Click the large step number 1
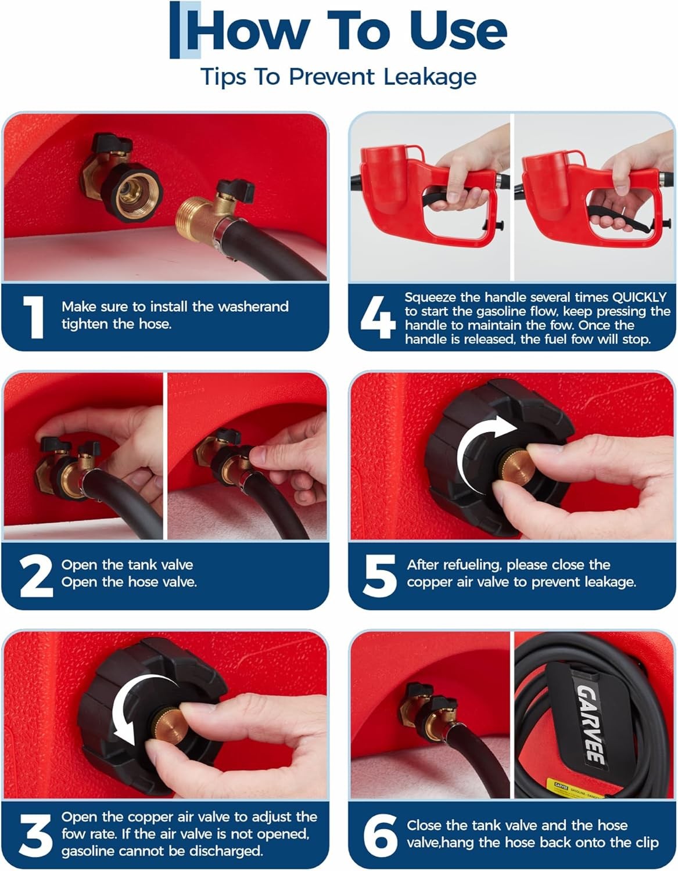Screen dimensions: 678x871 (34, 318)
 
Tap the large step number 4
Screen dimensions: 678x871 (378, 318)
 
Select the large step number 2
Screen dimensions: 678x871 (36, 576)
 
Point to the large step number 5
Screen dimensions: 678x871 (379, 576)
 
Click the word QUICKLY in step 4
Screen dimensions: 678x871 (639, 297)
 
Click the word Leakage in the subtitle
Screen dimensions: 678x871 (431, 77)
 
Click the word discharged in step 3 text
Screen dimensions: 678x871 (226, 851)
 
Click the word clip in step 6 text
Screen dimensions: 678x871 (646, 842)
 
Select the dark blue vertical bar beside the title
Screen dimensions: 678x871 (174, 30)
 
